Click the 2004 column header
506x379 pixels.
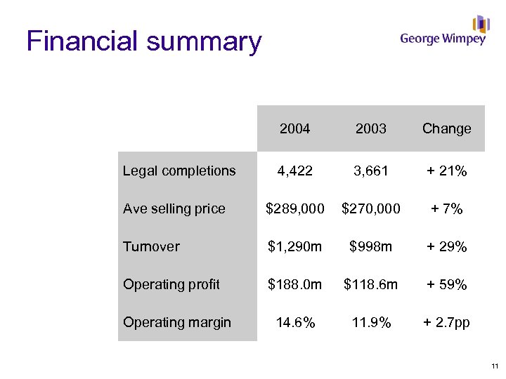pos(294,128)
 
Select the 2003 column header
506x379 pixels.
pos(370,128)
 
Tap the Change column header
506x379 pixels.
pos(446,128)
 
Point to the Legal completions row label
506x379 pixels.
pos(179,171)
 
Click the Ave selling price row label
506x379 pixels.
pos(174,208)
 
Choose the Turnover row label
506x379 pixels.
pos(151,246)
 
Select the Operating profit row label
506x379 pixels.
pos(171,284)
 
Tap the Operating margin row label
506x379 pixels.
pos(176,322)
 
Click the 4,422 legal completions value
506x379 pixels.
pos(294,171)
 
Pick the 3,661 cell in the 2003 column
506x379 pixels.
pos(370,171)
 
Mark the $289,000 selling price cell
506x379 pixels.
pos(294,208)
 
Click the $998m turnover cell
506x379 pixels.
pos(370,246)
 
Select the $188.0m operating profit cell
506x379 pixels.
pos(294,284)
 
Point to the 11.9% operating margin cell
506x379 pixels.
pos(370,322)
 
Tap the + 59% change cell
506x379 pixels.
pos(446,284)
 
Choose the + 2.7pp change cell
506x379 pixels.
pos(446,322)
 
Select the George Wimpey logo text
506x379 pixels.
pos(443,39)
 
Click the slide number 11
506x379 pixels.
pos(495,366)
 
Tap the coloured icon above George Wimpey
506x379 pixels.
pos(481,24)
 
